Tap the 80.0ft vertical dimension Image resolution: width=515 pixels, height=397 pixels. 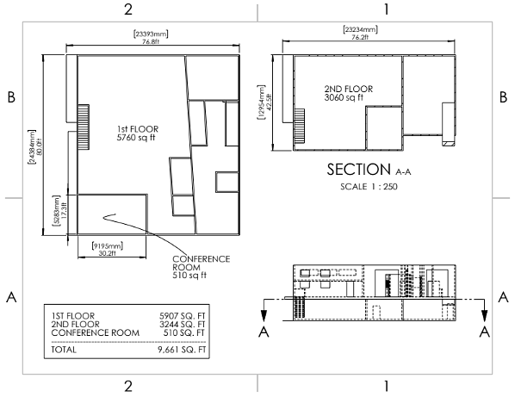click(x=35, y=146)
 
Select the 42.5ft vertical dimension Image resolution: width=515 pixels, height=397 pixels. click(x=264, y=102)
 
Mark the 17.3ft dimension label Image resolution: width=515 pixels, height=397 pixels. click(x=60, y=210)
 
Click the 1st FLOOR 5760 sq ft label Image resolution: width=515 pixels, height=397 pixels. click(x=137, y=133)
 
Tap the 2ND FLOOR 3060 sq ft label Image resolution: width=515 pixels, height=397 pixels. click(x=349, y=93)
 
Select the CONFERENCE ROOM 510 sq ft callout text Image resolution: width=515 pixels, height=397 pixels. click(x=201, y=267)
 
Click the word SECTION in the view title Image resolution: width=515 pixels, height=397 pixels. click(x=358, y=170)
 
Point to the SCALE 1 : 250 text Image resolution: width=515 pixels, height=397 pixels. click(x=369, y=187)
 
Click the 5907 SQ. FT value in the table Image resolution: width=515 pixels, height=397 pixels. click(x=183, y=316)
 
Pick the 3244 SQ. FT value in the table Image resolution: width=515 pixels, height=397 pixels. click(x=183, y=324)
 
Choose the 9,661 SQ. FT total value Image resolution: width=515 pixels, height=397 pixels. click(x=182, y=350)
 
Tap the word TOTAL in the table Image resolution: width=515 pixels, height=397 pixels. click(x=64, y=350)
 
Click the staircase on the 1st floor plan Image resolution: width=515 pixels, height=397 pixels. click(x=83, y=127)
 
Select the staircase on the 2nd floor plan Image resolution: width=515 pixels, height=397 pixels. click(x=299, y=127)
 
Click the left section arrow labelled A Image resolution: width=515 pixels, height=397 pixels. click(x=264, y=310)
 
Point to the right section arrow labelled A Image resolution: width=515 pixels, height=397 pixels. click(x=485, y=310)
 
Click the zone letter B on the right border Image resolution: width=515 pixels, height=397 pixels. click(x=503, y=97)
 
